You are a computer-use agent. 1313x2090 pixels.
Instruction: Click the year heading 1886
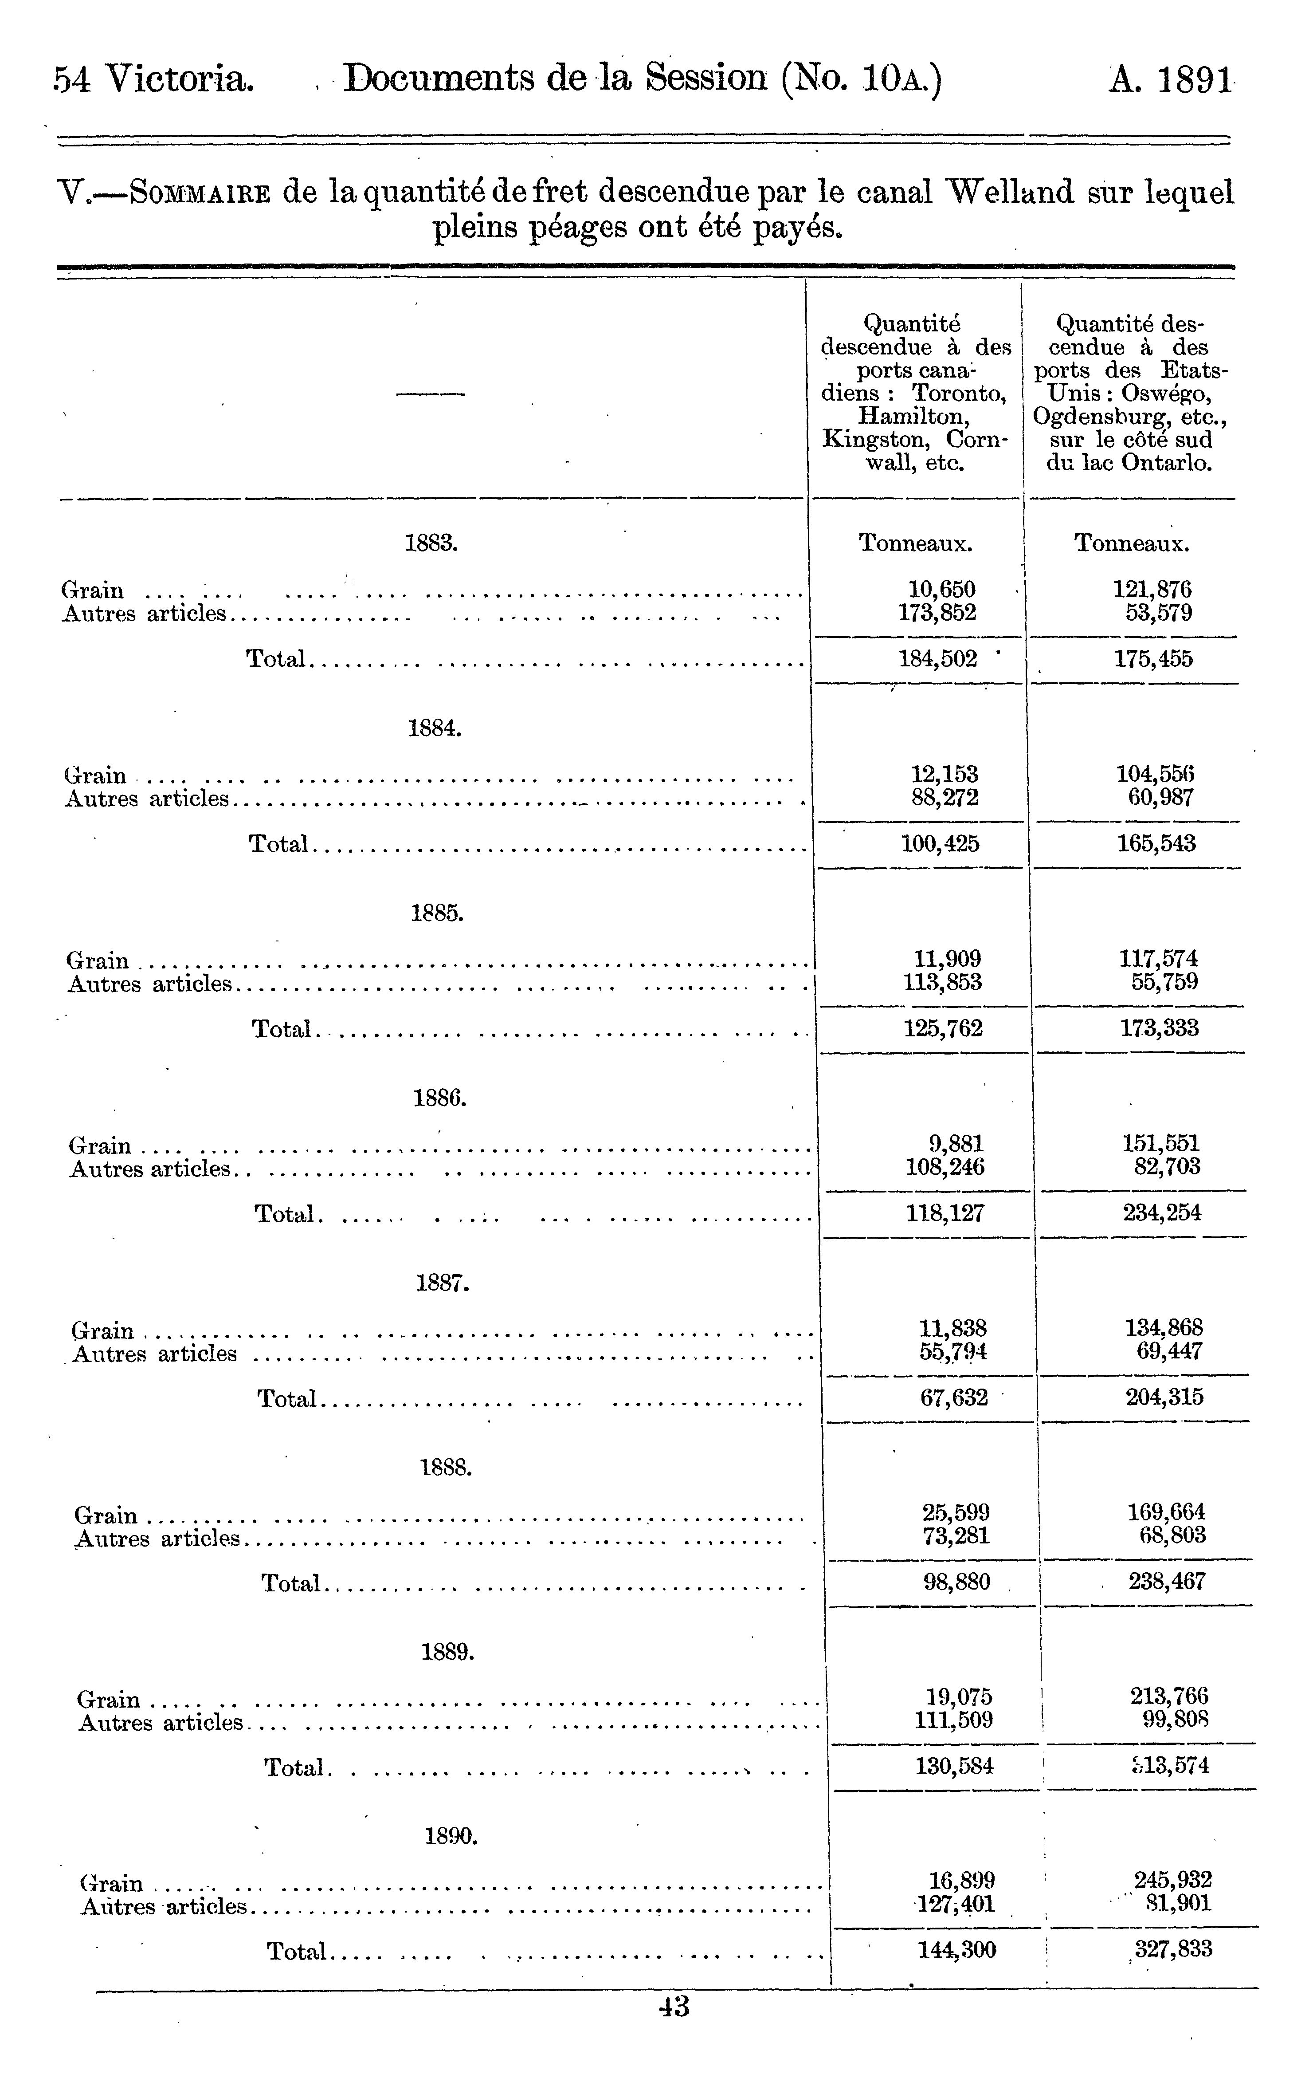click(440, 1098)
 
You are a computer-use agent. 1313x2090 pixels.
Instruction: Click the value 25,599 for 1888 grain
click(956, 1512)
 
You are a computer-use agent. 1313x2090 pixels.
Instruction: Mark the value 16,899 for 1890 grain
click(961, 1881)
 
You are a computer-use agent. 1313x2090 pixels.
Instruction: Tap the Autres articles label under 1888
click(157, 1539)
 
